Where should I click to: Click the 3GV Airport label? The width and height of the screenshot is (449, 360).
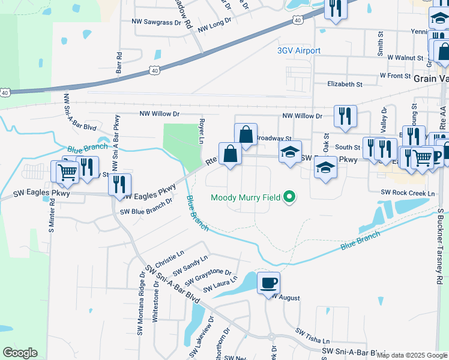click(299, 51)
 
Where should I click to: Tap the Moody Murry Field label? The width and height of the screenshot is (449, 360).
click(246, 197)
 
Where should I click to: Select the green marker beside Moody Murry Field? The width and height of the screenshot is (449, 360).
click(290, 197)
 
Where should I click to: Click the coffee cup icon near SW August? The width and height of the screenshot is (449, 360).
click(268, 282)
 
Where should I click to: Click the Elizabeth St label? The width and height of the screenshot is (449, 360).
click(345, 85)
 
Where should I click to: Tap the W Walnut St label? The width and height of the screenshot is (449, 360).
click(406, 57)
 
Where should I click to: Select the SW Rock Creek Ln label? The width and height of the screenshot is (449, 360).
click(408, 193)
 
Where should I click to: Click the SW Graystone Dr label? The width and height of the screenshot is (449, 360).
click(208, 277)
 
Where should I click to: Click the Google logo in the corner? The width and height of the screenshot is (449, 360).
click(20, 353)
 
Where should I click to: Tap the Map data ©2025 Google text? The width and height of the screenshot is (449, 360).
click(412, 355)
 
